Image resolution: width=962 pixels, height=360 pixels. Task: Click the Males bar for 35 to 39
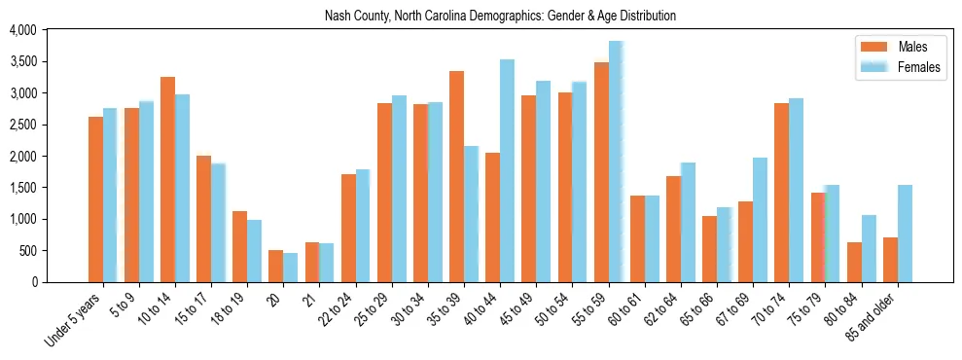[456, 176]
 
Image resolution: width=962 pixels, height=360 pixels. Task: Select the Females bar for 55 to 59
[616, 162]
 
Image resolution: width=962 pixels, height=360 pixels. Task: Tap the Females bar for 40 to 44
[507, 170]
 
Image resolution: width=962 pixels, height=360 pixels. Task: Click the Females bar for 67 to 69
[760, 220]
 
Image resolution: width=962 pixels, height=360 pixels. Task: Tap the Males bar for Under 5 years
[95, 199]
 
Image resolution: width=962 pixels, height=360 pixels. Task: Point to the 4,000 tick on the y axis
[22, 30]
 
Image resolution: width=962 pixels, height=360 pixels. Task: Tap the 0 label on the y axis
[33, 282]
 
